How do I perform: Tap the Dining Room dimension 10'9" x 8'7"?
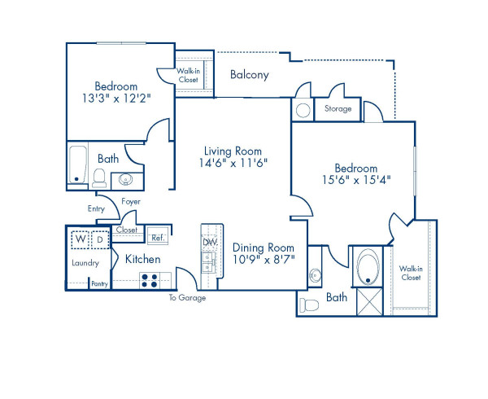264,261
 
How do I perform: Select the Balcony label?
250,75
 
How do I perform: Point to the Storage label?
338,108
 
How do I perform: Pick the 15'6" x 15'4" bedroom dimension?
356,181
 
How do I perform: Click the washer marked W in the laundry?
80,240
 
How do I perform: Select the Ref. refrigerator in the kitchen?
158,237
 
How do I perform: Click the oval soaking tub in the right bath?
370,268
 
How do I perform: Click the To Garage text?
187,298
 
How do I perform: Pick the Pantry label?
99,283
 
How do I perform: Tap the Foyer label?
132,200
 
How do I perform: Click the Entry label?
97,209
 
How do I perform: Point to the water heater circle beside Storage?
302,110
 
